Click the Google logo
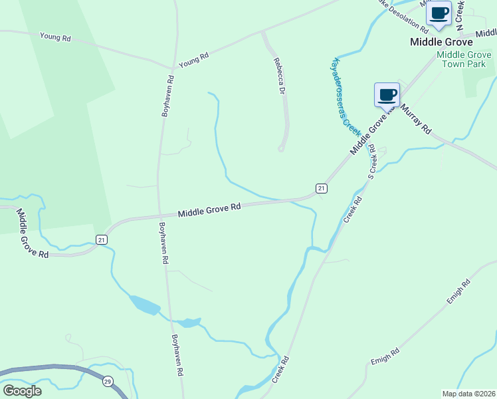(x=22, y=390)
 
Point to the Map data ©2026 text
(x=468, y=394)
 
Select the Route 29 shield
(x=107, y=381)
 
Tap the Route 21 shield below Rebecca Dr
(x=321, y=189)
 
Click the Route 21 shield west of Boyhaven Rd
(x=101, y=239)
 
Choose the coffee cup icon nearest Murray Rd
(x=386, y=94)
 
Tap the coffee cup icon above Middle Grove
(x=439, y=13)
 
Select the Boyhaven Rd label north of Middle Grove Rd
(x=167, y=96)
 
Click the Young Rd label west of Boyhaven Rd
(x=55, y=37)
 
